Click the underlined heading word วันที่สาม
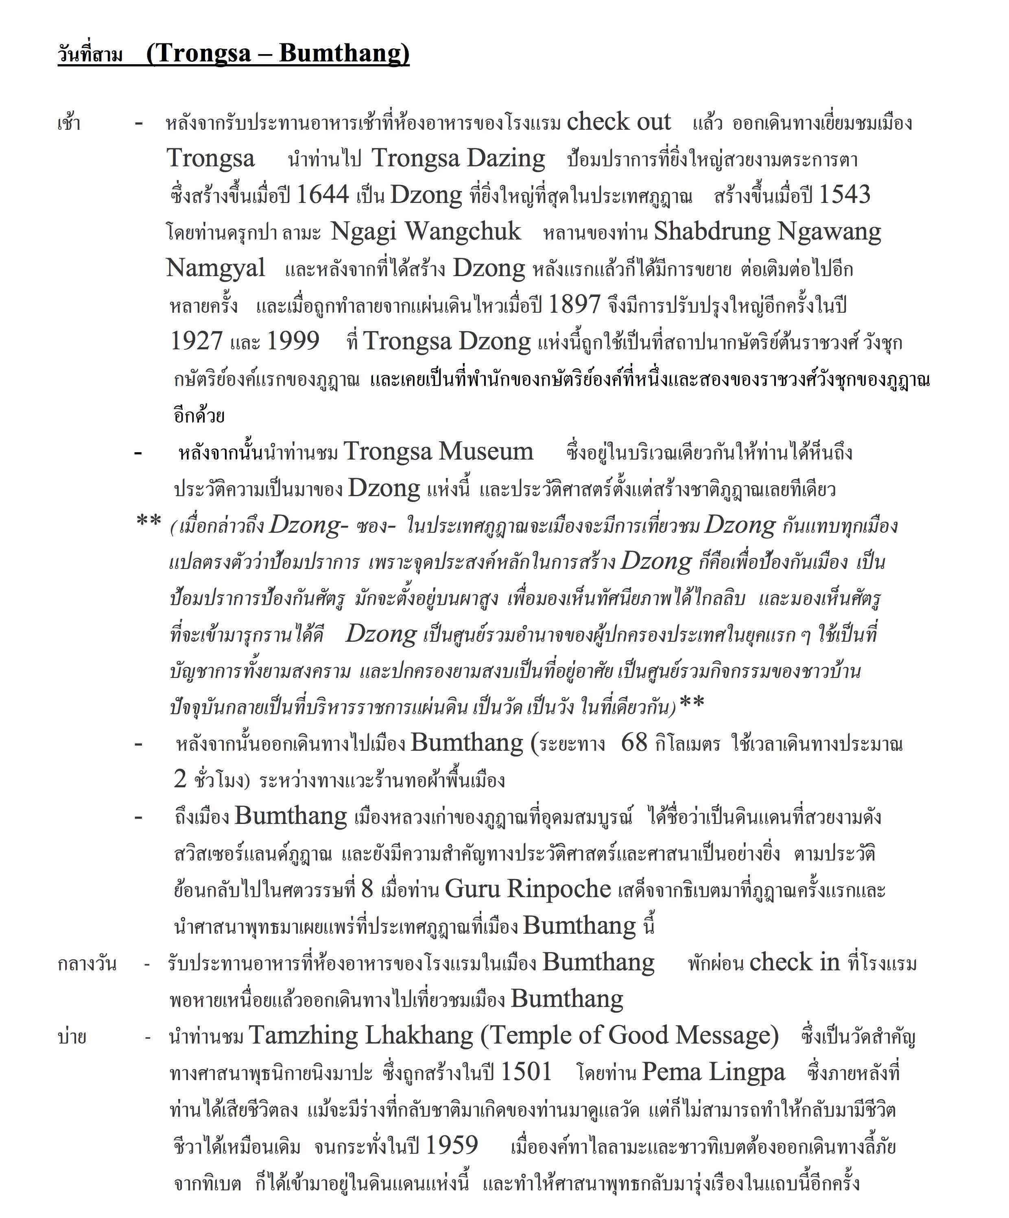(x=90, y=55)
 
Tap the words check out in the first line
(x=618, y=122)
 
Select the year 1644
(x=323, y=195)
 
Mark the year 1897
(x=574, y=305)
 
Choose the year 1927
(x=197, y=341)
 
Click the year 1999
(x=293, y=341)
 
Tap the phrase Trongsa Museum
(x=438, y=451)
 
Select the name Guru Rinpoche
(x=527, y=889)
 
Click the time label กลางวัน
(x=87, y=963)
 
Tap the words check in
(x=794, y=962)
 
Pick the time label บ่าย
(x=72, y=1037)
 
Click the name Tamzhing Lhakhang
(x=361, y=1035)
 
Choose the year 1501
(x=526, y=1072)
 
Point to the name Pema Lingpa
(x=713, y=1072)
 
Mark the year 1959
(x=452, y=1145)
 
